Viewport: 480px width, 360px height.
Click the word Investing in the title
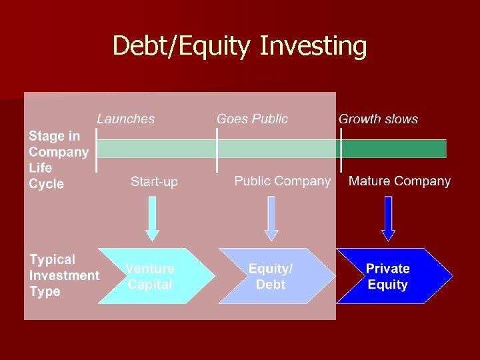pyautogui.click(x=313, y=47)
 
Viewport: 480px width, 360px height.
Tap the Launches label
pyautogui.click(x=125, y=119)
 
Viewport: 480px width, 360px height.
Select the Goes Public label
pyautogui.click(x=252, y=119)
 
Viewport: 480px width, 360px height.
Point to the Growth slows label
pyautogui.click(x=378, y=119)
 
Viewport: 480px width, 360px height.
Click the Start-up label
pyautogui.click(x=154, y=181)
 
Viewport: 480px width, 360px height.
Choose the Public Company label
pyautogui.click(x=282, y=181)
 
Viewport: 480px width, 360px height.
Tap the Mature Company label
pyautogui.click(x=399, y=181)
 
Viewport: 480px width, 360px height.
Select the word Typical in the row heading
pyautogui.click(x=52, y=259)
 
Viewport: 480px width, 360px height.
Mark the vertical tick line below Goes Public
pyautogui.click(x=217, y=151)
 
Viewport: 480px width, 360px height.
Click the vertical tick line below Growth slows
pyautogui.click(x=341, y=151)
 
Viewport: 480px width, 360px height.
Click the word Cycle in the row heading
pyautogui.click(x=46, y=184)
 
